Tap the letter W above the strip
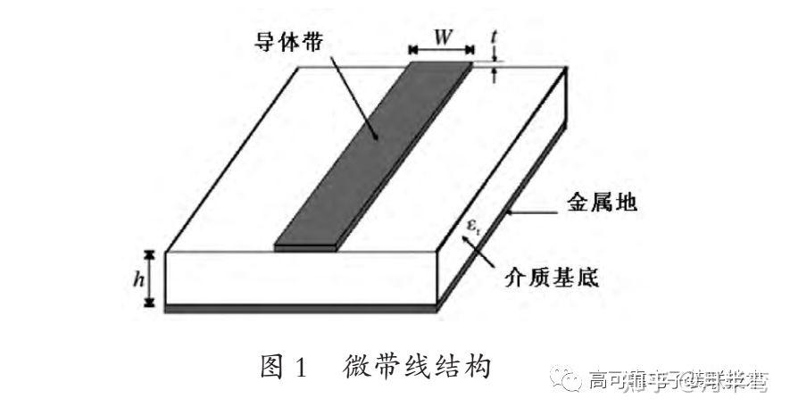[x=441, y=37]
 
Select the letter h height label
[x=137, y=279]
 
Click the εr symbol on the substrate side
[x=474, y=227]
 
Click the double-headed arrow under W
[x=441, y=53]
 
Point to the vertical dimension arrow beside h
[x=153, y=279]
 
